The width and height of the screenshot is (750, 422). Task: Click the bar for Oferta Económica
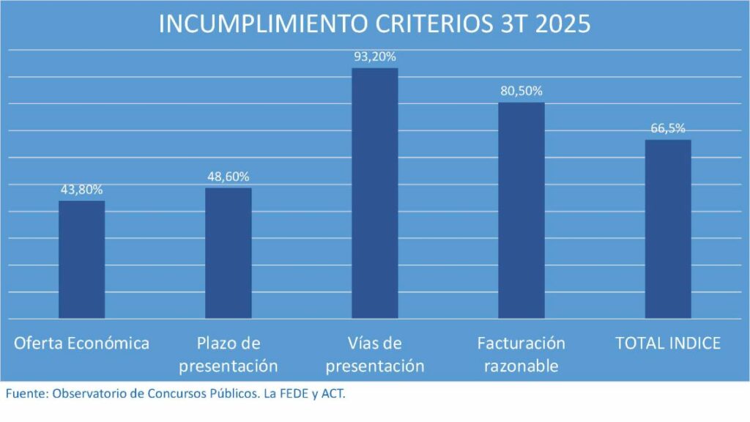coord(81,259)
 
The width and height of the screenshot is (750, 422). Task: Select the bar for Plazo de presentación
coord(228,253)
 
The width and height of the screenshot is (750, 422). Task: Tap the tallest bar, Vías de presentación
coord(374,193)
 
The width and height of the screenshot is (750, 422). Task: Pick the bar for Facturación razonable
coord(521,210)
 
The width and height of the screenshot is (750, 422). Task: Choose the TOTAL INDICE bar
coord(667,229)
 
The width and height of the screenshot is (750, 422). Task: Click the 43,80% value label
coord(81,189)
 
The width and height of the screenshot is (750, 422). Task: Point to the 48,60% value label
coord(228,177)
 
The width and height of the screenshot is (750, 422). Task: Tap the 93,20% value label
coord(374,56)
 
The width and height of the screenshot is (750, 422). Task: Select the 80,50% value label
coord(521,91)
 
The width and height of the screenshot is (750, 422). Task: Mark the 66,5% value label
coord(667,128)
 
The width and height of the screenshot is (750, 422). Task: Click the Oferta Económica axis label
coord(81,343)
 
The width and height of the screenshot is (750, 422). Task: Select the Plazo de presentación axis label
coord(228,354)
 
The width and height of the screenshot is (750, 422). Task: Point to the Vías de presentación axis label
coord(374,354)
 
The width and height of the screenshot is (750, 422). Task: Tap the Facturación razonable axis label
coord(521,354)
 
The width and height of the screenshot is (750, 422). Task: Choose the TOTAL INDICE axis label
coord(667,343)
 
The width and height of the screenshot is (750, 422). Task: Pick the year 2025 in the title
coord(562,23)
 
